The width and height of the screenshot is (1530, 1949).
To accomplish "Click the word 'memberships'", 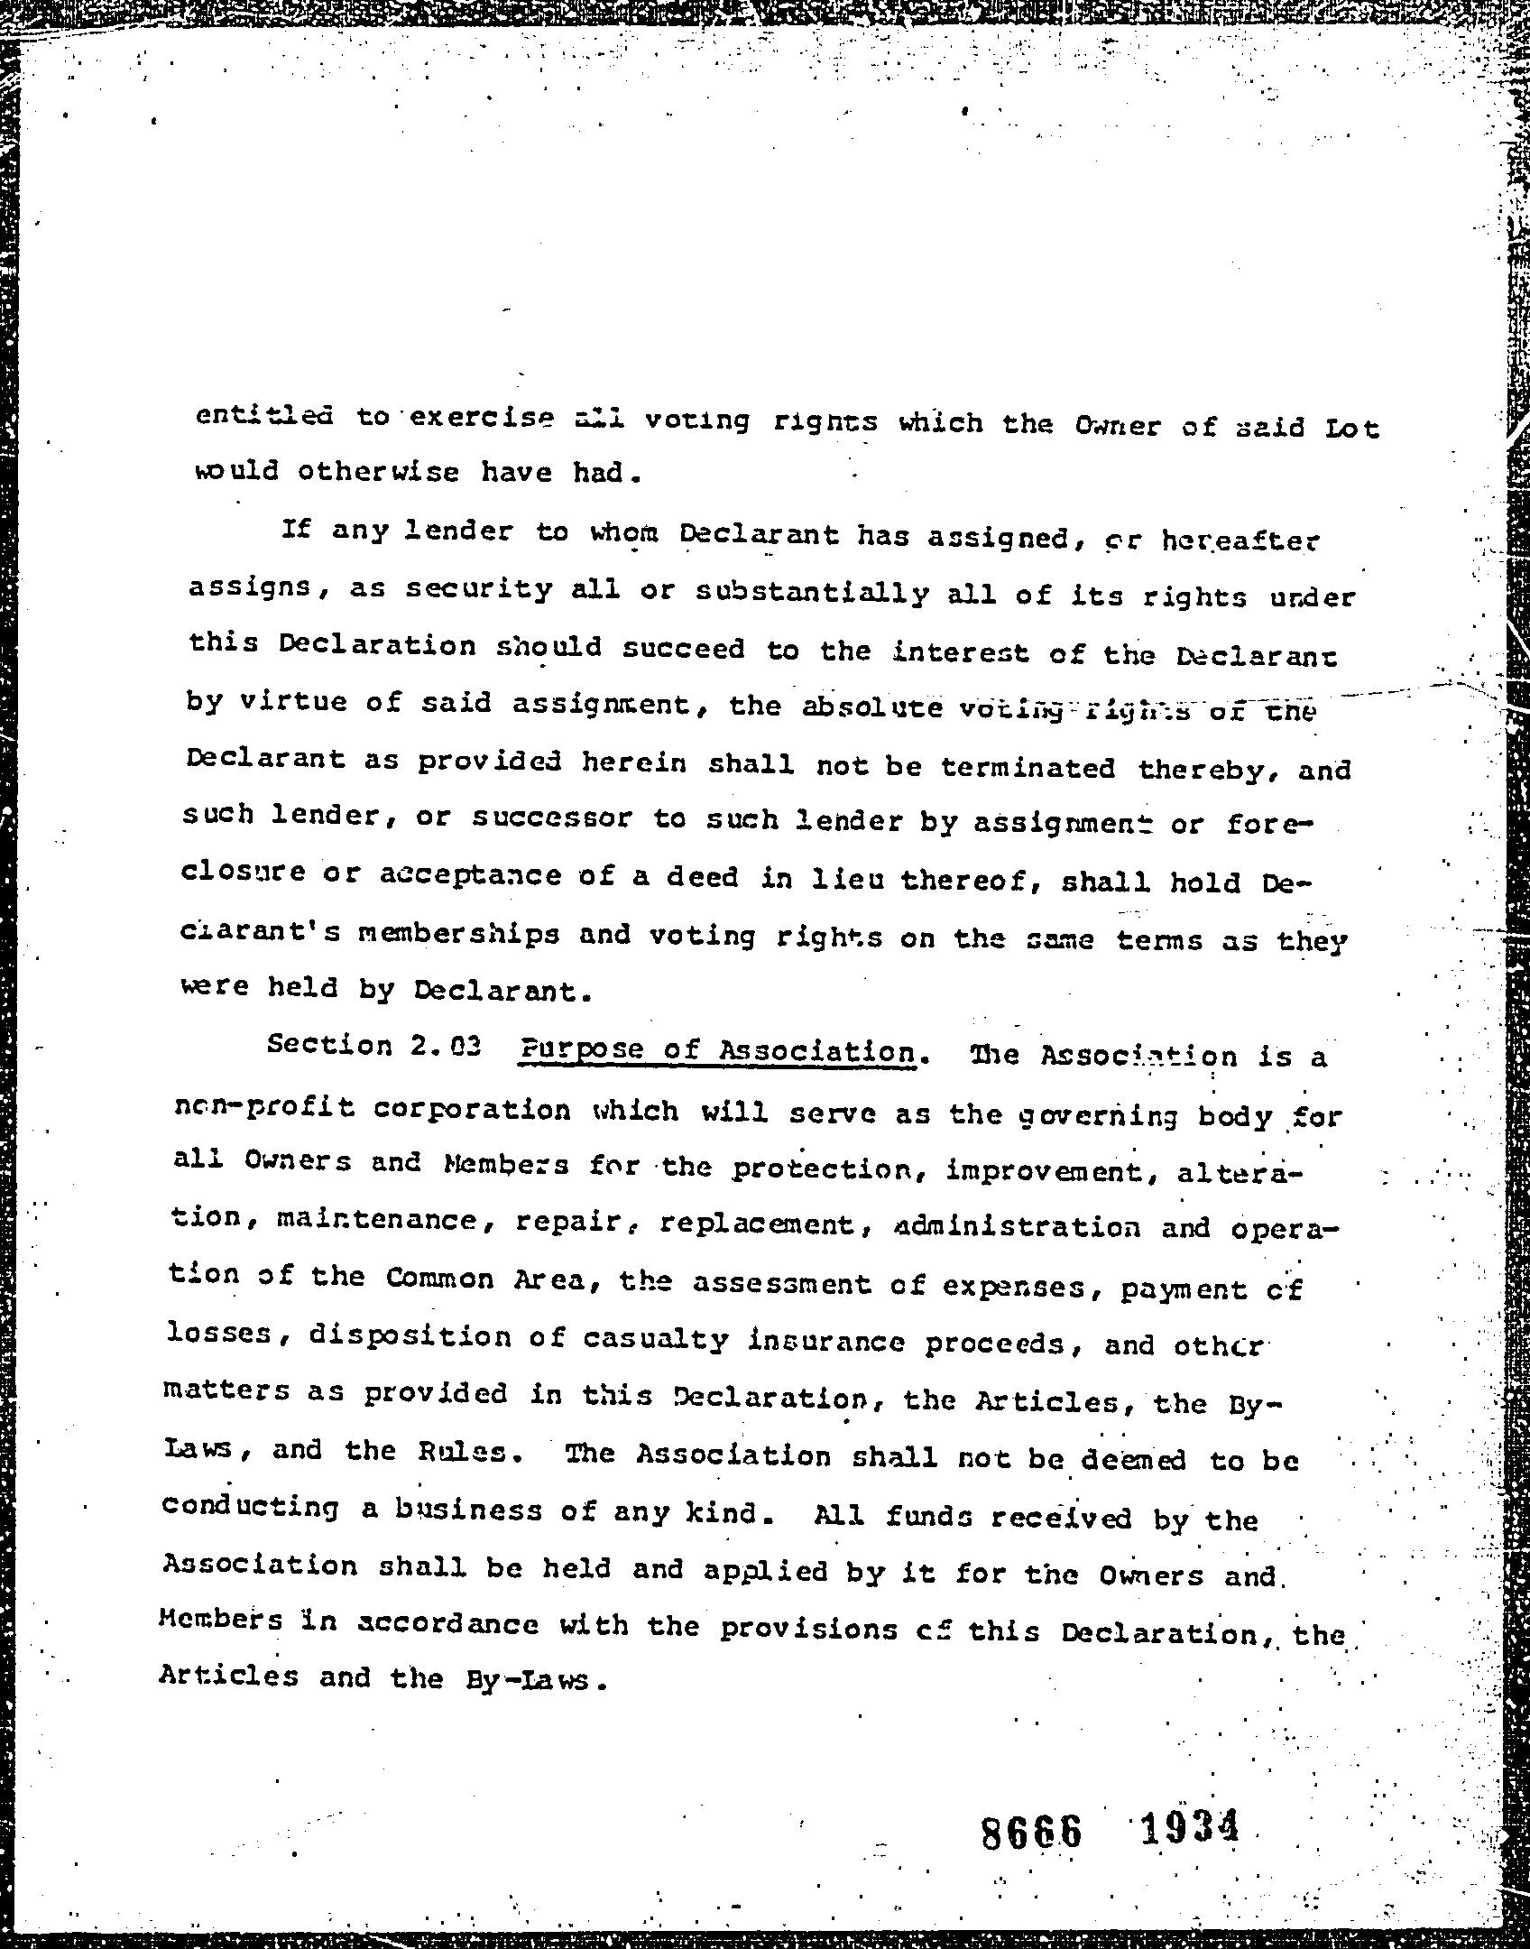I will tap(458, 934).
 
